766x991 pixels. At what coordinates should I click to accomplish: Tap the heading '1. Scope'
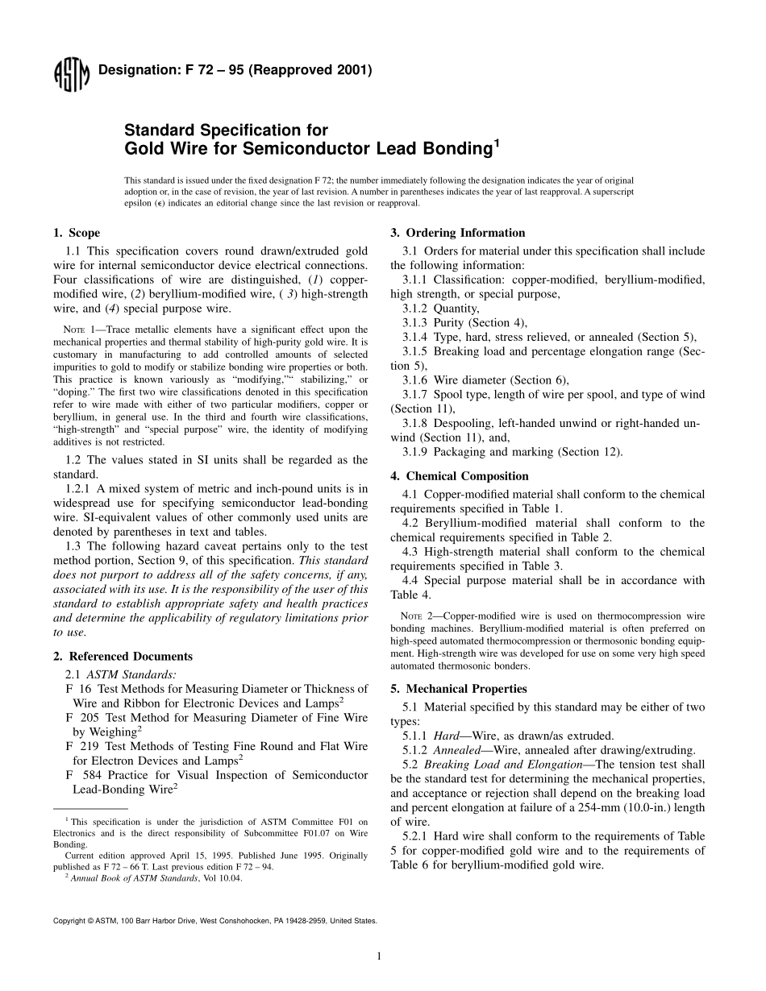tap(77, 233)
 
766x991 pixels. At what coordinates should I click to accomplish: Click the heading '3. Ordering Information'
tap(457, 233)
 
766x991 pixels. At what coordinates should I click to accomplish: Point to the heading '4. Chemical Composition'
tap(460, 476)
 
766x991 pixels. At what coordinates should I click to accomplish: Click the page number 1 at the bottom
tap(378, 956)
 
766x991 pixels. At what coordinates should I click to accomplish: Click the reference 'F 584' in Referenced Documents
tap(81, 775)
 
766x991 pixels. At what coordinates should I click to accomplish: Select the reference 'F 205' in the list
tap(81, 717)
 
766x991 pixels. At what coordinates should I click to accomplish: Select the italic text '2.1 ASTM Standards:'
tap(121, 674)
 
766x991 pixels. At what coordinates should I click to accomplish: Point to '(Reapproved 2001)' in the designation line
tap(310, 70)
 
